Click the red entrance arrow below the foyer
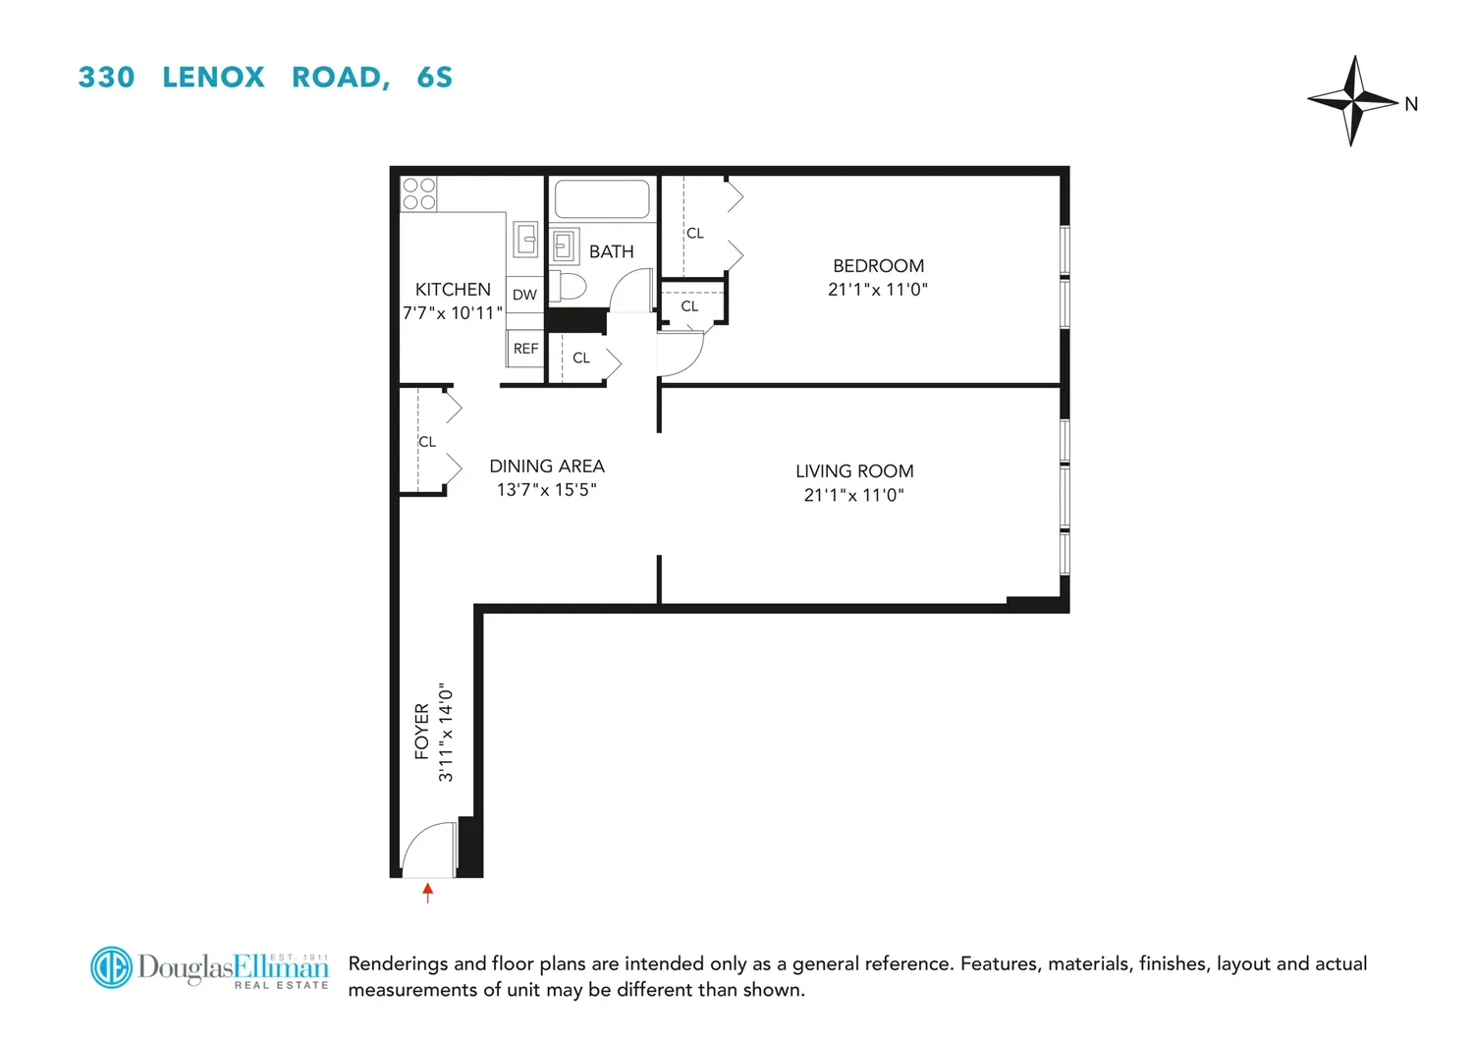point(427,893)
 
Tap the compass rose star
point(1352,100)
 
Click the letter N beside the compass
point(1411,104)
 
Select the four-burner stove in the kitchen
point(419,194)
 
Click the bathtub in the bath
point(602,198)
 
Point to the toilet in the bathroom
point(568,286)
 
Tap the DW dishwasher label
point(524,295)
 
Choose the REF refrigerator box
point(524,348)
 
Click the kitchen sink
point(525,239)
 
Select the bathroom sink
point(565,246)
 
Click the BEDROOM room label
point(879,266)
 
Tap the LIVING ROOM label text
point(854,470)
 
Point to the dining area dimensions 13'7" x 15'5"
point(546,490)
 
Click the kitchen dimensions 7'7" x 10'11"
point(453,313)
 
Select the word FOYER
point(422,732)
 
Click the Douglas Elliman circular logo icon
point(111,966)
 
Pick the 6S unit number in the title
point(435,77)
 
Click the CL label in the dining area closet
point(427,442)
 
